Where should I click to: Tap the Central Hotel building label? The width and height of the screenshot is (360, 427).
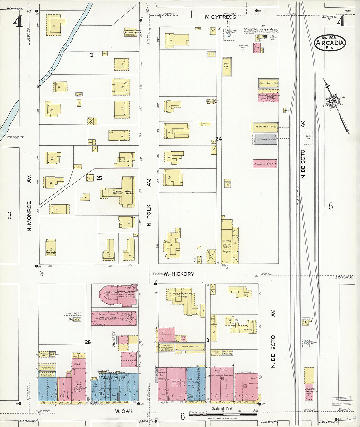coord(122,191)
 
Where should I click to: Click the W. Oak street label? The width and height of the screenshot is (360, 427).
coord(124,411)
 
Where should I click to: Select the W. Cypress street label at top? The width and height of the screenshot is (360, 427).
coord(220,17)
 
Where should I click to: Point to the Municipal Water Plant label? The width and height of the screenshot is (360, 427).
coord(261,30)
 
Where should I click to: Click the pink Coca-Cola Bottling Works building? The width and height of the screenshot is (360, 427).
coord(268,97)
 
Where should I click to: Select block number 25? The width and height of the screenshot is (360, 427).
coord(99,178)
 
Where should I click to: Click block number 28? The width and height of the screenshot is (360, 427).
coord(88,342)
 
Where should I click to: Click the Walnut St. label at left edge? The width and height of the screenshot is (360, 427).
coord(15,137)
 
